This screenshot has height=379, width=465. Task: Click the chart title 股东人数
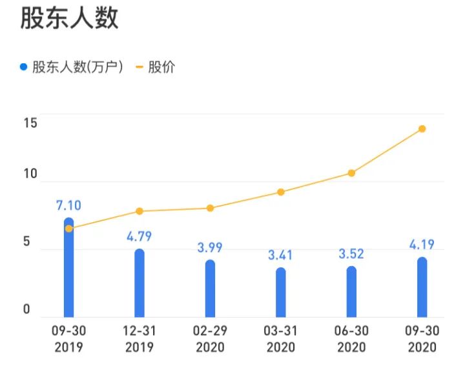coord(69,18)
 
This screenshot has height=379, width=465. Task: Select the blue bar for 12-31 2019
coord(139,284)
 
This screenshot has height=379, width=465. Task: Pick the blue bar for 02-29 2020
coord(210,289)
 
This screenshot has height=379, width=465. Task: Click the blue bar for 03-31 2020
coord(280,293)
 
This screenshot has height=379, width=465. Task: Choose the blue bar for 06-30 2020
coord(351,292)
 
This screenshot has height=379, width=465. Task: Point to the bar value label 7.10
coord(68,206)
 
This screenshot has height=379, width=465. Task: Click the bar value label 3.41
coord(280,255)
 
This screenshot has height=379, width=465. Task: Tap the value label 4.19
coord(422,245)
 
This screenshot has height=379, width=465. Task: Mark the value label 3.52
coord(351,254)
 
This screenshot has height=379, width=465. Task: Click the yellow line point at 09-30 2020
coord(422,128)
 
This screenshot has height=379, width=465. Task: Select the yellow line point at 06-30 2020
coord(351,173)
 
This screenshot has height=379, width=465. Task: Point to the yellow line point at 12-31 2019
coord(139,211)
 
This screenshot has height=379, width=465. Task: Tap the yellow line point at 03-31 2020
coord(280,192)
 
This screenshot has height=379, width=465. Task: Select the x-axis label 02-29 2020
coord(210,339)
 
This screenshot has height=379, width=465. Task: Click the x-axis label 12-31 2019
coord(139,339)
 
